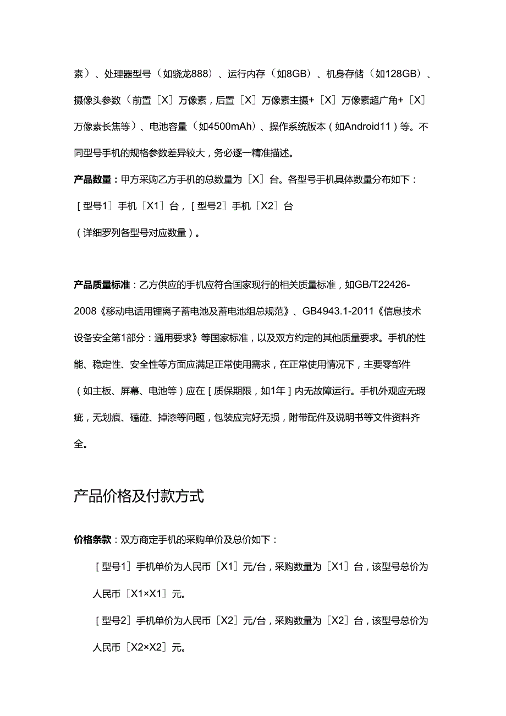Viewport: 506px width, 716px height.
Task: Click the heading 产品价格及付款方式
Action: [139, 496]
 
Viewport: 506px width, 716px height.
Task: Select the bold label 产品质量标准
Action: [101, 285]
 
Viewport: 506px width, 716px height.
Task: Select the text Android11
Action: [364, 127]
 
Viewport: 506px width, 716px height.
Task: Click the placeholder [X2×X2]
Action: [145, 647]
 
